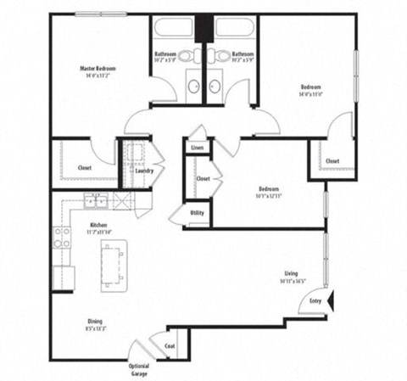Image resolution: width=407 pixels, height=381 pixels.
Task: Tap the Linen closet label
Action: tap(197, 148)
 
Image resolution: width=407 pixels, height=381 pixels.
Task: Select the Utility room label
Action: tap(196, 213)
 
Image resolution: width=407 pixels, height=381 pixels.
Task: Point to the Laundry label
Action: tap(144, 170)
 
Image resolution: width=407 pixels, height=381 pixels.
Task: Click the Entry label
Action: tap(315, 300)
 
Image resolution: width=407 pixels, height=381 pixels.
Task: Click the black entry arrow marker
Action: tap(333, 299)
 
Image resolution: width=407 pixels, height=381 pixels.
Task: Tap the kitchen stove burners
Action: tap(62, 238)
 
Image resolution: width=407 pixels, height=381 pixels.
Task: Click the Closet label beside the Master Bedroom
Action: tap(85, 168)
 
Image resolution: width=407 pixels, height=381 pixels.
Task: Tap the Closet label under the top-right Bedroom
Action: tap(332, 160)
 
